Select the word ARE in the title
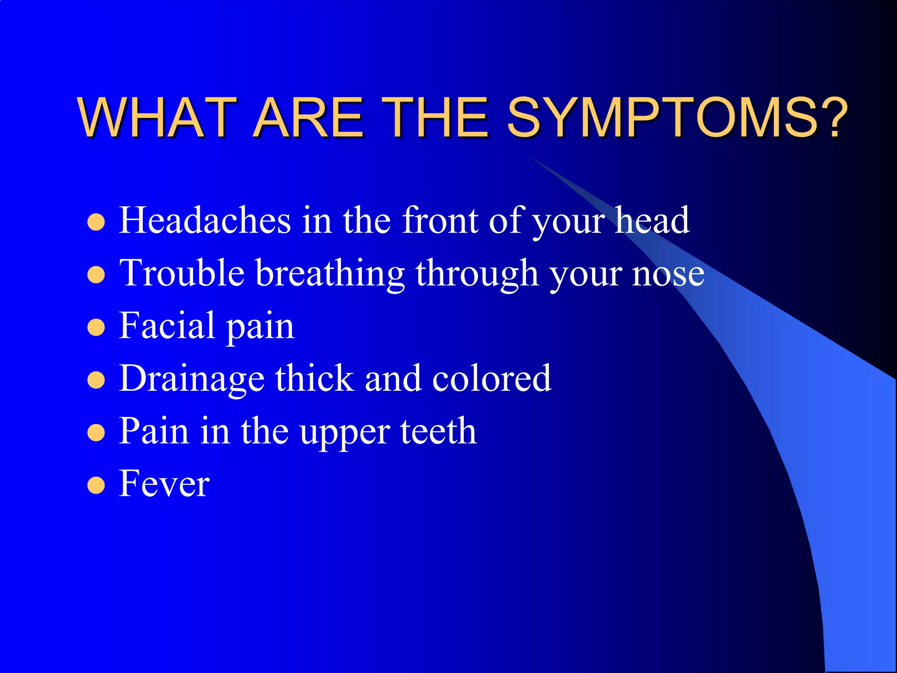(308, 117)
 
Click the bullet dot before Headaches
(96, 222)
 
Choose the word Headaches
(205, 220)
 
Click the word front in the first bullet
(440, 220)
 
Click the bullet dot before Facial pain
(96, 327)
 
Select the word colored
(491, 379)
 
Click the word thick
(314, 379)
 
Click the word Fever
(164, 484)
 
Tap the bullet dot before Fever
(96, 485)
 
